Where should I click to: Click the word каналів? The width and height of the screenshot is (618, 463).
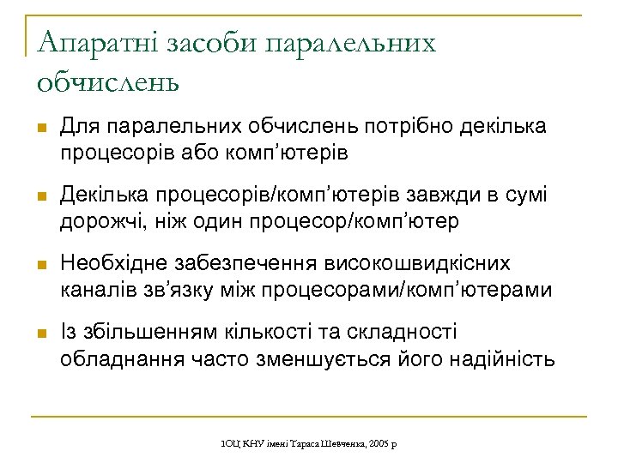coord(96,290)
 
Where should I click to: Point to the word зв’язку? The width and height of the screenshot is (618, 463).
coord(172,290)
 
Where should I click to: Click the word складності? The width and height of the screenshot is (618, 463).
coord(401,333)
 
